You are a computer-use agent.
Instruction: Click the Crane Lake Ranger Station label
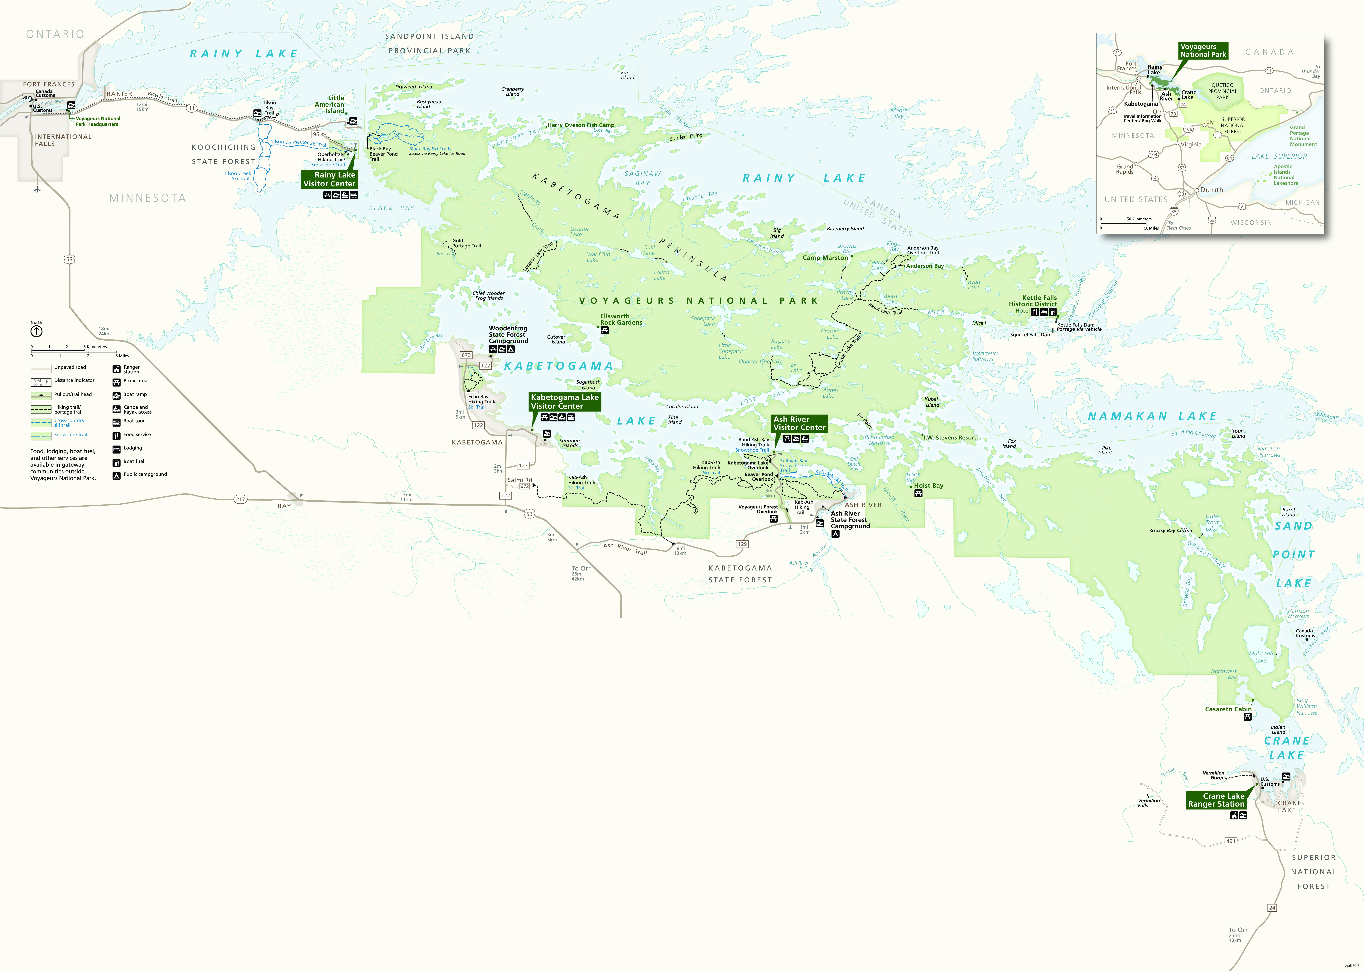(x=1216, y=800)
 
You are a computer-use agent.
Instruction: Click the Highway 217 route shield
(x=240, y=499)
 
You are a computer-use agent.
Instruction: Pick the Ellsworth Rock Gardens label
(x=621, y=319)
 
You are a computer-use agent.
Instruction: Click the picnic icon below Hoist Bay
(x=918, y=493)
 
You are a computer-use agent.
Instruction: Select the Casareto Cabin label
(x=1228, y=709)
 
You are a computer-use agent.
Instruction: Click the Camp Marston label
(x=825, y=258)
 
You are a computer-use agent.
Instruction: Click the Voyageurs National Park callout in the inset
(x=1203, y=51)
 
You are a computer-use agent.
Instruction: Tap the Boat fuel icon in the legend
(x=117, y=462)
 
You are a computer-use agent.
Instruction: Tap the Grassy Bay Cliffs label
(x=1169, y=530)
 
